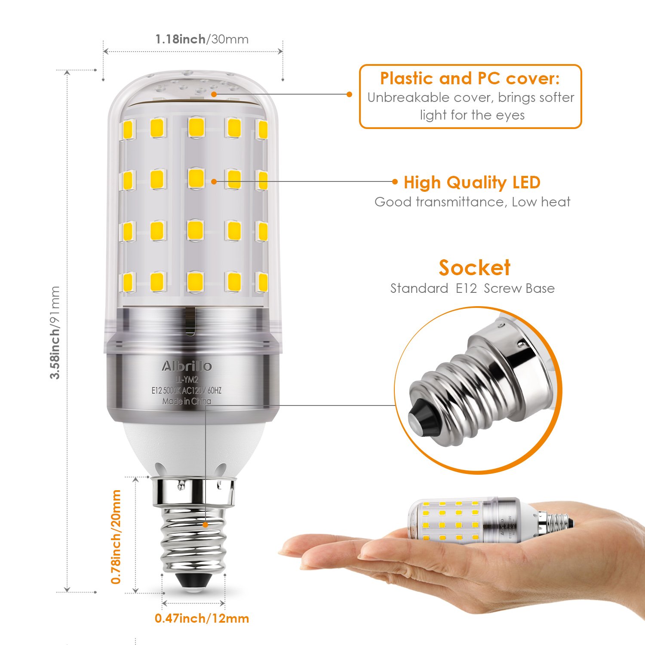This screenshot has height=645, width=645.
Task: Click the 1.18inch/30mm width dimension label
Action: pos(202,39)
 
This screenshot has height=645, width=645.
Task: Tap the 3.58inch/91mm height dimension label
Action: pos(55,332)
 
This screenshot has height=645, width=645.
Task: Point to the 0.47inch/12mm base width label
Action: pos(202,618)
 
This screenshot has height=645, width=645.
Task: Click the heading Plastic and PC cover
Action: pos(470,78)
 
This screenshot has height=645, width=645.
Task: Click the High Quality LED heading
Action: pos(472,182)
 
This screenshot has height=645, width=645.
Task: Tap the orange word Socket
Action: pos(474,267)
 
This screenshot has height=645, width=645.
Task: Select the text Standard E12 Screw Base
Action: pos(472,288)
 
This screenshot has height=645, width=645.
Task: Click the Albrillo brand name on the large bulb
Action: pos(187,366)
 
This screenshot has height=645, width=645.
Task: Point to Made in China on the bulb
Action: pos(187,401)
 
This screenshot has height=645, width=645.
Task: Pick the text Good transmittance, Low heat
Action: pos(472,202)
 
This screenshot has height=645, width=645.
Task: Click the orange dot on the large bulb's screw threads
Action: pos(206,525)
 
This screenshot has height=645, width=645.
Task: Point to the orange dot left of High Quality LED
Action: pos(395,181)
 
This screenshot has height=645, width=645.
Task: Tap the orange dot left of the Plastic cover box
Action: pos(350,94)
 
